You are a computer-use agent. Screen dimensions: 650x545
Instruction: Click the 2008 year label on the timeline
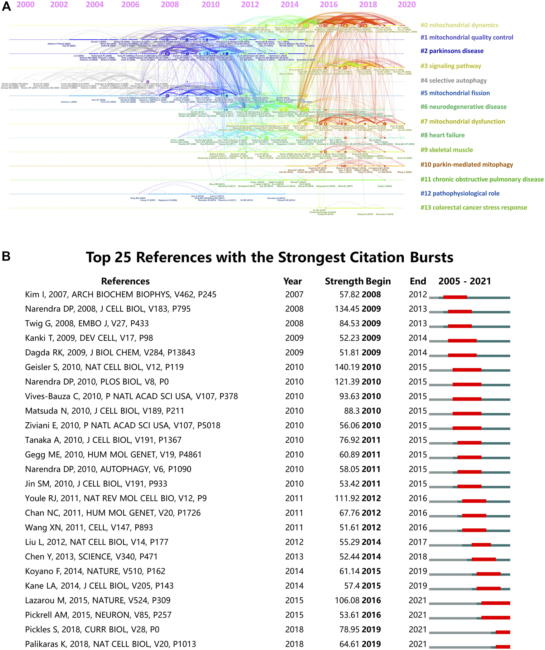click(x=170, y=5)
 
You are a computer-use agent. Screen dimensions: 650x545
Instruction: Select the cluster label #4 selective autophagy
click(x=453, y=80)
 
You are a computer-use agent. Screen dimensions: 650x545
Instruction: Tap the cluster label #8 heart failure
click(x=442, y=135)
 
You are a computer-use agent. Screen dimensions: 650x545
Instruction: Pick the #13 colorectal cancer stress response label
click(x=474, y=207)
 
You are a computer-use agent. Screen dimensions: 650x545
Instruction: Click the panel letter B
click(x=6, y=256)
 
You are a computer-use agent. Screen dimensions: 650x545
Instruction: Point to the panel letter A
click(x=6, y=6)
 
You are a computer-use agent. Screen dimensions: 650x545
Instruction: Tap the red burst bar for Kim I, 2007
click(x=455, y=297)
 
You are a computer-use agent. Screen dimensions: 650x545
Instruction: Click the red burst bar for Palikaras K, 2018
click(x=503, y=647)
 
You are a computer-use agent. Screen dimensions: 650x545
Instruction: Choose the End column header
click(x=418, y=281)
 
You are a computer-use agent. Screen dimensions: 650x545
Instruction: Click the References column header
click(x=125, y=281)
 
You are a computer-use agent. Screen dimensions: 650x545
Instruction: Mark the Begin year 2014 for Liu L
click(x=371, y=542)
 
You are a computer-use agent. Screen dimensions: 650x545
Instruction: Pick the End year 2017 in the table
click(x=418, y=542)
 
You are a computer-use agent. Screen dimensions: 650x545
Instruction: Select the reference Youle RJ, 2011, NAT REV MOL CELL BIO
click(x=116, y=498)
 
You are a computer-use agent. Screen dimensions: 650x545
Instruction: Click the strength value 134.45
click(x=347, y=309)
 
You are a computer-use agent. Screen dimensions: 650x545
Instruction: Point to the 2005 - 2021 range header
click(x=465, y=281)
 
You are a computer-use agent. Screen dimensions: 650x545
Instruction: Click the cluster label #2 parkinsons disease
click(x=452, y=51)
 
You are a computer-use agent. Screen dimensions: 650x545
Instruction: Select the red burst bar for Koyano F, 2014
click(x=488, y=574)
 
